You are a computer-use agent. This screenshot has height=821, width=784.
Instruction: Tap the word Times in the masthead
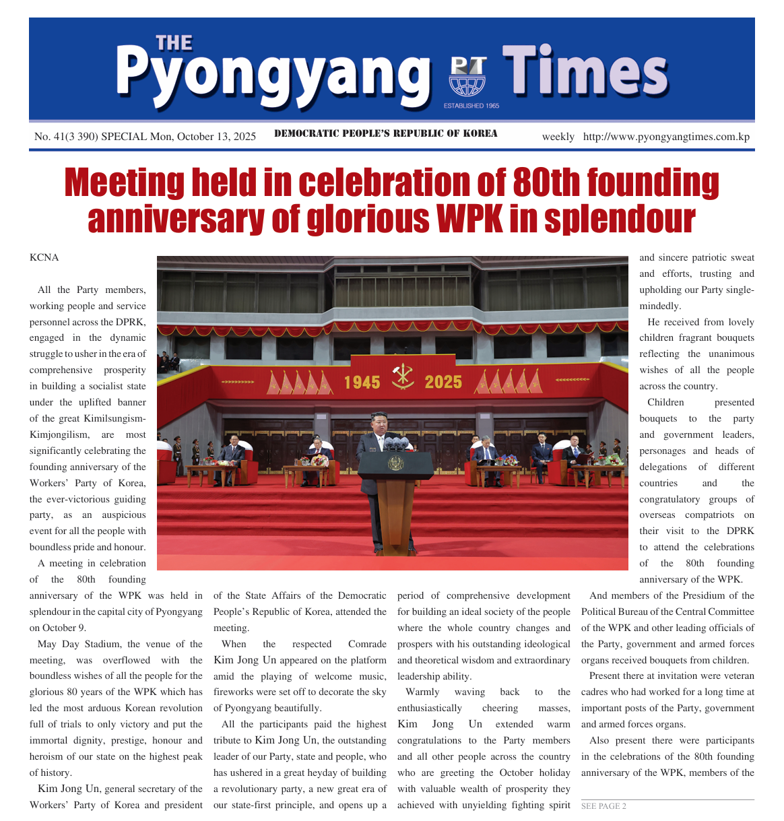585,71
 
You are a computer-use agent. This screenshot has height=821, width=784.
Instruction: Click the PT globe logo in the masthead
467,76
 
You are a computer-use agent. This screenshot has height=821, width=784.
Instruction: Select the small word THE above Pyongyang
174,44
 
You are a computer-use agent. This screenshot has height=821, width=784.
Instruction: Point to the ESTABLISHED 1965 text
471,106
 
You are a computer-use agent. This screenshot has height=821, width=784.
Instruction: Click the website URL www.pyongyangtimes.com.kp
666,137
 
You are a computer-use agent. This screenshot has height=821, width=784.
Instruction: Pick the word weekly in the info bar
558,137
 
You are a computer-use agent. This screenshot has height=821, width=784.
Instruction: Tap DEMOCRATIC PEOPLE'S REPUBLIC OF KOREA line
386,133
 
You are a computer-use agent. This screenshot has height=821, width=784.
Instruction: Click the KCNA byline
44,257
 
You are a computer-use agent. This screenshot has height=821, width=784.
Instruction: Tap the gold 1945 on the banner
362,383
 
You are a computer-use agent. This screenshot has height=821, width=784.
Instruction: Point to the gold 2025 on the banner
443,383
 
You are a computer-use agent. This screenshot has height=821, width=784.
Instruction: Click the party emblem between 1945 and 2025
403,377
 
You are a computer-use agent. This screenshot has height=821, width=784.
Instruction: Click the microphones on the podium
395,442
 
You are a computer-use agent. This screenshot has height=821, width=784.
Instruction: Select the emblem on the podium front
395,463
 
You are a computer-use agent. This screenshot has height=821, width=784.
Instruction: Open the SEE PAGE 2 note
603,806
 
